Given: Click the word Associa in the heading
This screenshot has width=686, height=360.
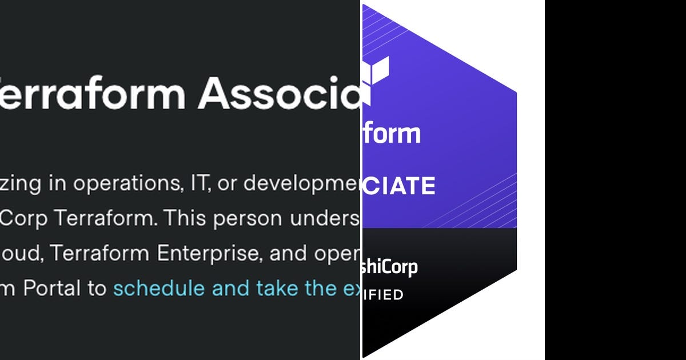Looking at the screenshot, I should [x=280, y=93].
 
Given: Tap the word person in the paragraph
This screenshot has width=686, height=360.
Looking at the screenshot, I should [x=248, y=219].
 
